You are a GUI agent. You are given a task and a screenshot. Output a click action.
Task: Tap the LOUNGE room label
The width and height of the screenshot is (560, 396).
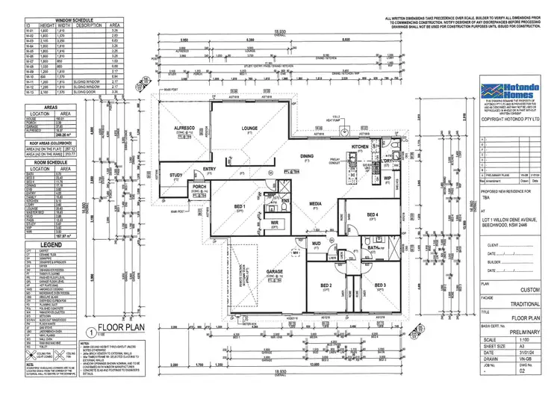pos(249,129)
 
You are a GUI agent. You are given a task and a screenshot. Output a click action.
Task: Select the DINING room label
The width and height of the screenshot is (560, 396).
pos(307,156)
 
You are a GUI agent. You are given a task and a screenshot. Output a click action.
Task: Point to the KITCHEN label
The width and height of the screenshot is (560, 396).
pos(361,147)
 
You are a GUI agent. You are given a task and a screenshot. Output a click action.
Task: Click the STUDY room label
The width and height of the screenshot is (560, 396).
pos(176,176)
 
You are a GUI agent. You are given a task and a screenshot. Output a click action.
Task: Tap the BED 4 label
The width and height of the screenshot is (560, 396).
pos(373,214)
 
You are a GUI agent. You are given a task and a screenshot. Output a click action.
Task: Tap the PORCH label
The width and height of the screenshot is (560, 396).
pos(199,187)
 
